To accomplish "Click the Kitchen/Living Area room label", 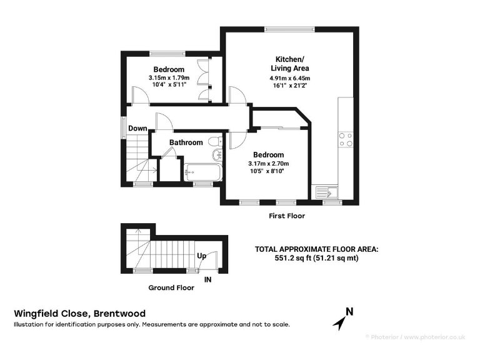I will [289, 62].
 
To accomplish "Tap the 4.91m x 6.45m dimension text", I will [289, 78].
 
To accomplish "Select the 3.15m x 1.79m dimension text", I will [168, 77].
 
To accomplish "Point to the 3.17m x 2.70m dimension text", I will [268, 164].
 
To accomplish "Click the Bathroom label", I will [186, 142].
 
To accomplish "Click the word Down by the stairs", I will [137, 129].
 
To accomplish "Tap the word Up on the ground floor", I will [202, 256].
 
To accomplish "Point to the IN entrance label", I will [208, 280].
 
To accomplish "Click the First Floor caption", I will [286, 216].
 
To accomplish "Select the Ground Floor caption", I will [171, 288].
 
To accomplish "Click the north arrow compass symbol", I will [343, 318].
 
